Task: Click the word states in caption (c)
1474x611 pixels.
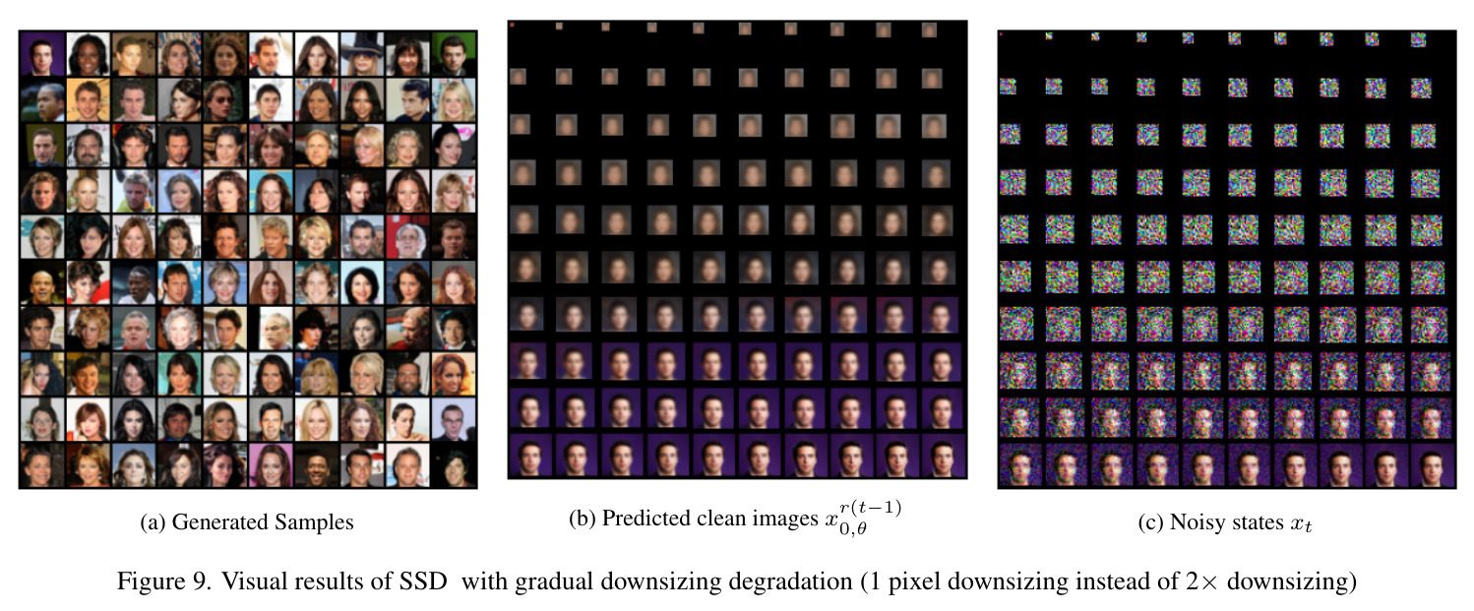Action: (x=1259, y=522)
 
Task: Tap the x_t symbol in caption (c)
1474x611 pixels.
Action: (x=1301, y=524)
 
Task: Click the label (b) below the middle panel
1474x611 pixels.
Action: (x=583, y=519)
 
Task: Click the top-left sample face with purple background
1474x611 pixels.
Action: (x=42, y=54)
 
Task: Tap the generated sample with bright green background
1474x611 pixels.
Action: (x=454, y=54)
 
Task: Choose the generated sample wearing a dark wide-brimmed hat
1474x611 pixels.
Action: (x=362, y=54)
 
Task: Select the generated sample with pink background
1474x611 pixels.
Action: (x=271, y=465)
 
